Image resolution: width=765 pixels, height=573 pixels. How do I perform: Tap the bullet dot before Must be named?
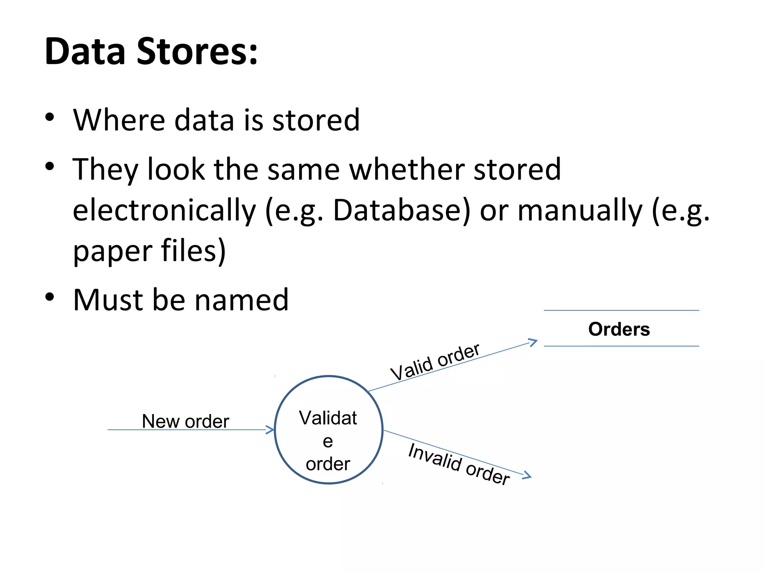[x=50, y=297]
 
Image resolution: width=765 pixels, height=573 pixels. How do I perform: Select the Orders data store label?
[x=619, y=329]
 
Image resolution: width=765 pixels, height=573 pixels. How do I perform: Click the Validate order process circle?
[x=329, y=430]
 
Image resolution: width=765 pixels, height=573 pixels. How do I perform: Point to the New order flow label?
[x=185, y=421]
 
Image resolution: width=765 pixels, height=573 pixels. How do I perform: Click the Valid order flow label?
[x=435, y=362]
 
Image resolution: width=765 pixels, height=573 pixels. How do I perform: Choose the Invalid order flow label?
[x=459, y=464]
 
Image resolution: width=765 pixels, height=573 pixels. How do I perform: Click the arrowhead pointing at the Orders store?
[x=533, y=342]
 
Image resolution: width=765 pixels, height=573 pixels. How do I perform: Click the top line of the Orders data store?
[x=621, y=310]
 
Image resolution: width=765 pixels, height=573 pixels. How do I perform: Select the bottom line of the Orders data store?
[x=621, y=346]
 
